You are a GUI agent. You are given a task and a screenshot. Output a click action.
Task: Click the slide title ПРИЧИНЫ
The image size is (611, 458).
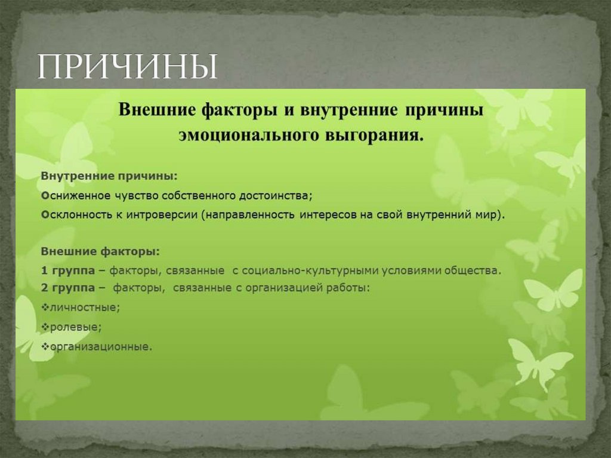[128, 68]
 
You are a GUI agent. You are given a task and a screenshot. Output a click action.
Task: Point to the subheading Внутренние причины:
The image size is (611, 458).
[109, 177]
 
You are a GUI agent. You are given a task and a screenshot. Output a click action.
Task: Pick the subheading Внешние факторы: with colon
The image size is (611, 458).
[100, 252]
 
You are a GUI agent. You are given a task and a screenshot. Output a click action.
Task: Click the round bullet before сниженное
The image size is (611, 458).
[45, 196]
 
